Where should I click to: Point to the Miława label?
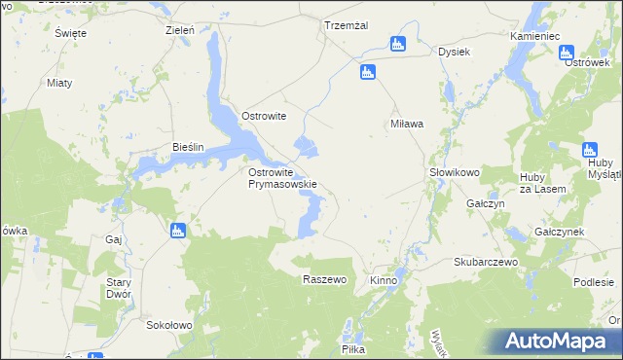(x=406, y=124)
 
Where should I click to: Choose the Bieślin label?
(x=188, y=147)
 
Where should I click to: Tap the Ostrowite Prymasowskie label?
(x=282, y=177)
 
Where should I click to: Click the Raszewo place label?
(x=325, y=279)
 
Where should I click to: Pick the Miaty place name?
(x=60, y=83)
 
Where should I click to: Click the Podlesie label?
(x=593, y=282)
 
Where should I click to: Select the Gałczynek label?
(x=559, y=233)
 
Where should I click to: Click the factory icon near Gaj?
(x=177, y=231)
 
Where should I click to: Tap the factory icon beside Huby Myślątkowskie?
(x=589, y=150)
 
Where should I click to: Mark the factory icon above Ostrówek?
(x=568, y=54)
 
